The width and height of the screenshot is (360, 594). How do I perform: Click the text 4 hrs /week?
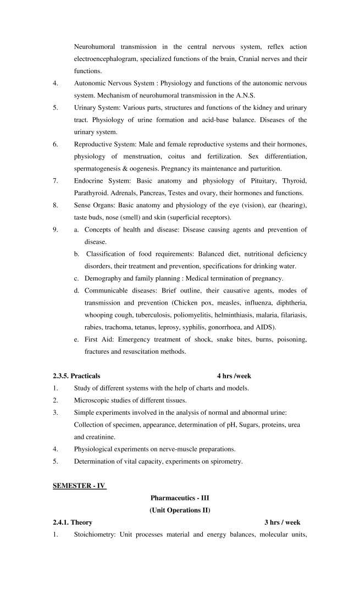(x=234, y=376)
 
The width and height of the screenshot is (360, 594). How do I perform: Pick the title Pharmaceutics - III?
(x=180, y=498)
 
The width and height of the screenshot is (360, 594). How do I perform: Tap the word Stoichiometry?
(x=97, y=534)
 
